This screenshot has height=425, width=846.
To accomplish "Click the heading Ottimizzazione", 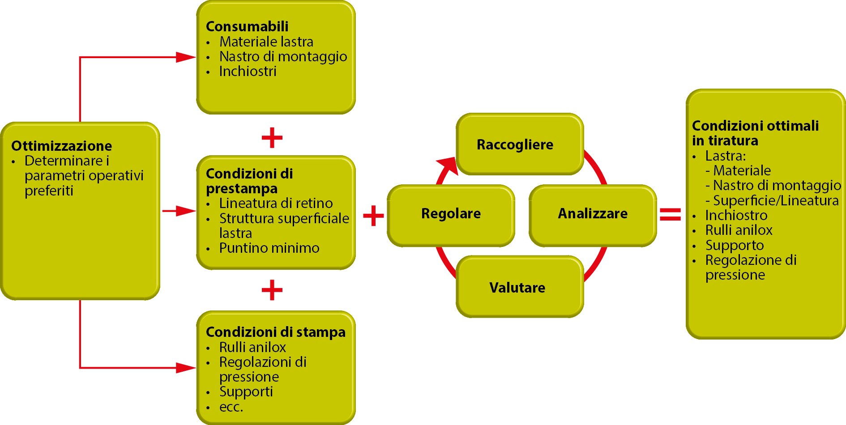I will pyautogui.click(x=61, y=146).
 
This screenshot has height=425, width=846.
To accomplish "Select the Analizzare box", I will pyautogui.click(x=593, y=214).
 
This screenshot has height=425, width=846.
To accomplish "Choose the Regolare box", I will pyautogui.click(x=451, y=214).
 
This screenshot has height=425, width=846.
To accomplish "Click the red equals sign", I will pyautogui.click(x=670, y=214).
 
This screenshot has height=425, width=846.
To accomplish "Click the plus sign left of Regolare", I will pyautogui.click(x=373, y=216).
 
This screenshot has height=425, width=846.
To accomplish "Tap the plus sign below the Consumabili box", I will pyautogui.click(x=272, y=137).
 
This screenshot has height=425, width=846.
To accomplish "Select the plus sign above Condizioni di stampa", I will pyautogui.click(x=272, y=290).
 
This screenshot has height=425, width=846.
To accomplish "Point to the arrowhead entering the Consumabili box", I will pyautogui.click(x=186, y=57).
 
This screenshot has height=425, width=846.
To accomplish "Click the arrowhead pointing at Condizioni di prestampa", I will pyautogui.click(x=186, y=211).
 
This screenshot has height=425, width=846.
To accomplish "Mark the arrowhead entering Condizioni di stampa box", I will pyautogui.click(x=186, y=368).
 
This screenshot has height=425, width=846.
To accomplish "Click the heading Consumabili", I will pyautogui.click(x=247, y=26).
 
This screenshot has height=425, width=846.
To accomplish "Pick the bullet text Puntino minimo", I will pyautogui.click(x=269, y=248).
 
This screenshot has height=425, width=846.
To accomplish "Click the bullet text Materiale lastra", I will pyautogui.click(x=266, y=42).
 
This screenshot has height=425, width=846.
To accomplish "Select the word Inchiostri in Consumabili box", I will pyautogui.click(x=248, y=71).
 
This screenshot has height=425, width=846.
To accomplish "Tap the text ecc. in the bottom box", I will pyautogui.click(x=231, y=407).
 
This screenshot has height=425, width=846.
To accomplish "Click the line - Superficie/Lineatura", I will pyautogui.click(x=772, y=200).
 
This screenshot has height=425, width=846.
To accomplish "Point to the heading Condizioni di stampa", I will pyautogui.click(x=275, y=332).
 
